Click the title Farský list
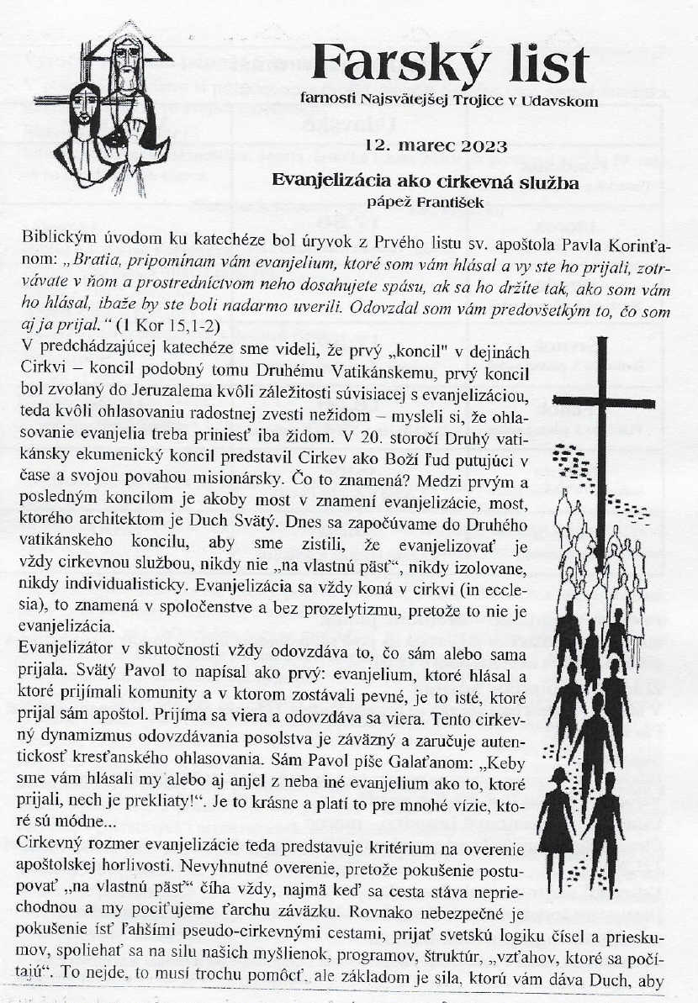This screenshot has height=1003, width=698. tap(450, 62)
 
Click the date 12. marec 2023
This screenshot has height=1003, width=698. tap(436, 145)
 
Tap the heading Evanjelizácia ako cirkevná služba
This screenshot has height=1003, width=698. tap(425, 181)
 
